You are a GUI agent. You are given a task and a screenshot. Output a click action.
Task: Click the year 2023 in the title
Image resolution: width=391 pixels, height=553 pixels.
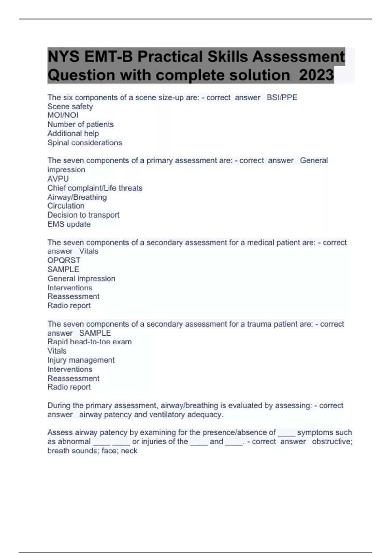pyautogui.click(x=316, y=75)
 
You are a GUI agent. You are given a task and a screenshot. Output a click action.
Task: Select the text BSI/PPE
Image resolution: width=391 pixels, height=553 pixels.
pyautogui.click(x=282, y=97)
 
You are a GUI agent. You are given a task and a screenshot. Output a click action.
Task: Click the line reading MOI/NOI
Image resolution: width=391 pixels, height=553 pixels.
pyautogui.click(x=63, y=115)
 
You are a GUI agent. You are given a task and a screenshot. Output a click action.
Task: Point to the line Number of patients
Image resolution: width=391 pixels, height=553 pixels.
pyautogui.click(x=80, y=124)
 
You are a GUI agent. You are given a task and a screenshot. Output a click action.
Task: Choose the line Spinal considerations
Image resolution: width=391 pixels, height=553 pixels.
pyautogui.click(x=85, y=142)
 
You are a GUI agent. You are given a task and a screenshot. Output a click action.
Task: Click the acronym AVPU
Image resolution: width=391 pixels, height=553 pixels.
pyautogui.click(x=58, y=179)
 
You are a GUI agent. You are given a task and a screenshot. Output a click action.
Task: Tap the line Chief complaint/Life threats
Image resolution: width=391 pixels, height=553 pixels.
pyautogui.click(x=95, y=188)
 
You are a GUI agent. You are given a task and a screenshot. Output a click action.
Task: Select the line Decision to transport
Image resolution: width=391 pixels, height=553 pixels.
pyautogui.click(x=83, y=215)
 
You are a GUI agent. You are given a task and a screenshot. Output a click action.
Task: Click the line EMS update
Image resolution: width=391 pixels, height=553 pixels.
pyautogui.click(x=69, y=224)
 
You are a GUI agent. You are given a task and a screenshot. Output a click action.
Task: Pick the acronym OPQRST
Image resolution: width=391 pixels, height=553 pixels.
pyautogui.click(x=64, y=260)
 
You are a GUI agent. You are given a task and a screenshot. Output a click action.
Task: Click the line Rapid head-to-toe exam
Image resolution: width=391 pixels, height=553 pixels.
pyautogui.click(x=89, y=342)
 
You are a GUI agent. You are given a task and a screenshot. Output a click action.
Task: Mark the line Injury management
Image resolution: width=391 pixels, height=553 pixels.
pyautogui.click(x=81, y=360)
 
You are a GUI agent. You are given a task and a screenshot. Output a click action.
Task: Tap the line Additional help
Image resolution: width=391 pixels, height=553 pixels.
pyautogui.click(x=73, y=133)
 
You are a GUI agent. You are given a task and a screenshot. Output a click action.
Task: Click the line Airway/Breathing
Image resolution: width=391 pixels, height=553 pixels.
pyautogui.click(x=77, y=197)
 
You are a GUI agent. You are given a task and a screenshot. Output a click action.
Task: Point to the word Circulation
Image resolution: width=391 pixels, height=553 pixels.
pyautogui.click(x=66, y=206)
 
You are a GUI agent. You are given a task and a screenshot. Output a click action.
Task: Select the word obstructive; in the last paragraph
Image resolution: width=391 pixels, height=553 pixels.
pyautogui.click(x=332, y=441)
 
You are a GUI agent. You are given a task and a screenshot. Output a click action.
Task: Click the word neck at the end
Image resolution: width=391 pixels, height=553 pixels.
pyautogui.click(x=129, y=451)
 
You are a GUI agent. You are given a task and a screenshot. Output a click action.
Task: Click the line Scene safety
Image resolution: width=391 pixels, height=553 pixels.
pyautogui.click(x=70, y=106)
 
